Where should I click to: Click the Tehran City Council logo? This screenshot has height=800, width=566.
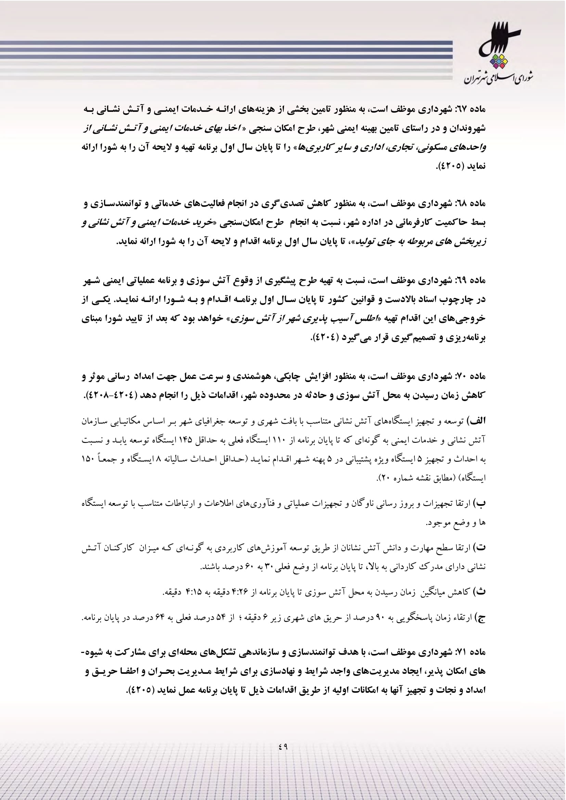pos(498,56)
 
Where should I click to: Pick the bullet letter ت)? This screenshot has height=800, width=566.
pos(480,548)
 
